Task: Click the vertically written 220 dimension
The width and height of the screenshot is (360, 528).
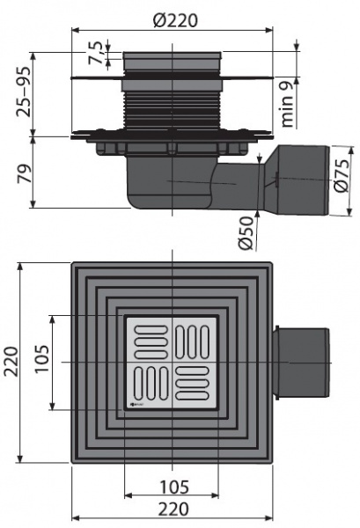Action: point(13,363)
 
